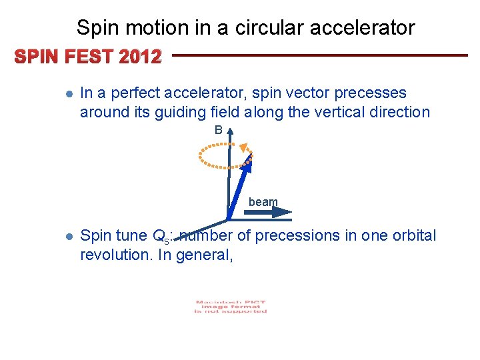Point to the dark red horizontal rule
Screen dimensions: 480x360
(x=320, y=55)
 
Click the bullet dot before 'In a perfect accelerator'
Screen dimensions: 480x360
(x=69, y=95)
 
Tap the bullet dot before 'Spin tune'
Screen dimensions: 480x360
(x=69, y=237)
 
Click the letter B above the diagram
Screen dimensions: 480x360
(x=219, y=131)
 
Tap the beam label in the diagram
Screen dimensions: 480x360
(x=263, y=202)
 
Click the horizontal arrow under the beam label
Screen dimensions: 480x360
(x=267, y=213)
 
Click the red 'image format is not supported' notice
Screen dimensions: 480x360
(x=231, y=307)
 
